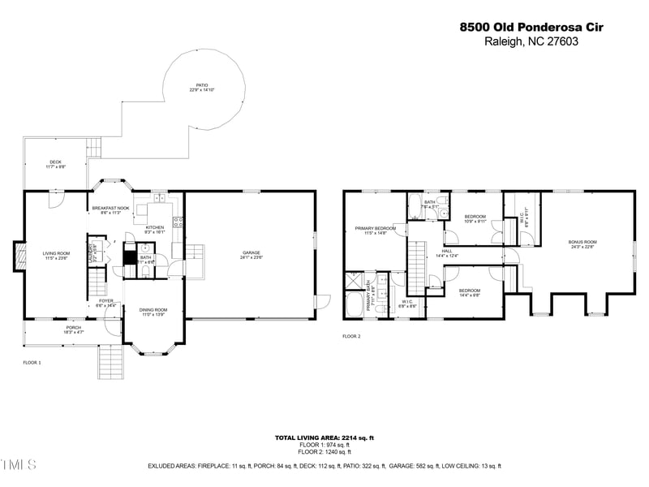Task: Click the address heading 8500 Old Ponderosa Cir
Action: tap(531, 27)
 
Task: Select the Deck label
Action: tap(55, 164)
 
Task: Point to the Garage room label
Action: tap(251, 255)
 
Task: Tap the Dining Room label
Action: tap(153, 311)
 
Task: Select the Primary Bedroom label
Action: tap(375, 231)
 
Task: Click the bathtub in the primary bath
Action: tap(355, 306)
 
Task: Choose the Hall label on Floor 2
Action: tap(447, 253)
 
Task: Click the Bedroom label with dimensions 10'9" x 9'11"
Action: tap(475, 218)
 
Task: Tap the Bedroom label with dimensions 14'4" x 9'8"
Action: tap(470, 293)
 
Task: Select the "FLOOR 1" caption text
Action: tap(32, 362)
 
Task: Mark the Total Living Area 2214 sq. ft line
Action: tap(324, 437)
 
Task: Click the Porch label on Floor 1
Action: tap(74, 330)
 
